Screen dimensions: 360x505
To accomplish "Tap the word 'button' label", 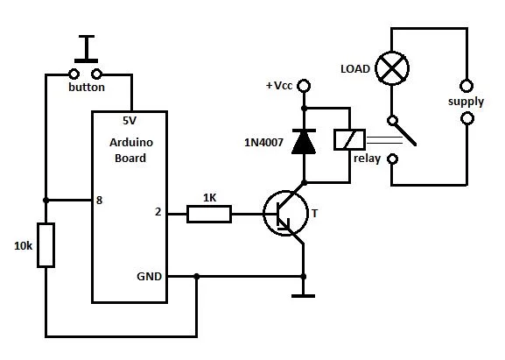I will (x=87, y=88).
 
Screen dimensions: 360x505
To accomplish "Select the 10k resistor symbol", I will (x=46, y=245).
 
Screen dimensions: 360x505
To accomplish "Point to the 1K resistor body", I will (x=209, y=213).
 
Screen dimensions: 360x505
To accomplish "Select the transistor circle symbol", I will (x=286, y=214).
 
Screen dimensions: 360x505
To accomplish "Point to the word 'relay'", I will (x=367, y=160).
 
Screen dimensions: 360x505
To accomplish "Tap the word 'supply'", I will (x=465, y=102).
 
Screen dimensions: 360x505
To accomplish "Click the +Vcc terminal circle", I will (x=304, y=86).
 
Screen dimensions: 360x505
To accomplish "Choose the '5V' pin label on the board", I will (x=131, y=123).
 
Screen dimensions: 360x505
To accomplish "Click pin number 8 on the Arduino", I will (x=100, y=201).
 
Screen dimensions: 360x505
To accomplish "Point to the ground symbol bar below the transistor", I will (x=303, y=295).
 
